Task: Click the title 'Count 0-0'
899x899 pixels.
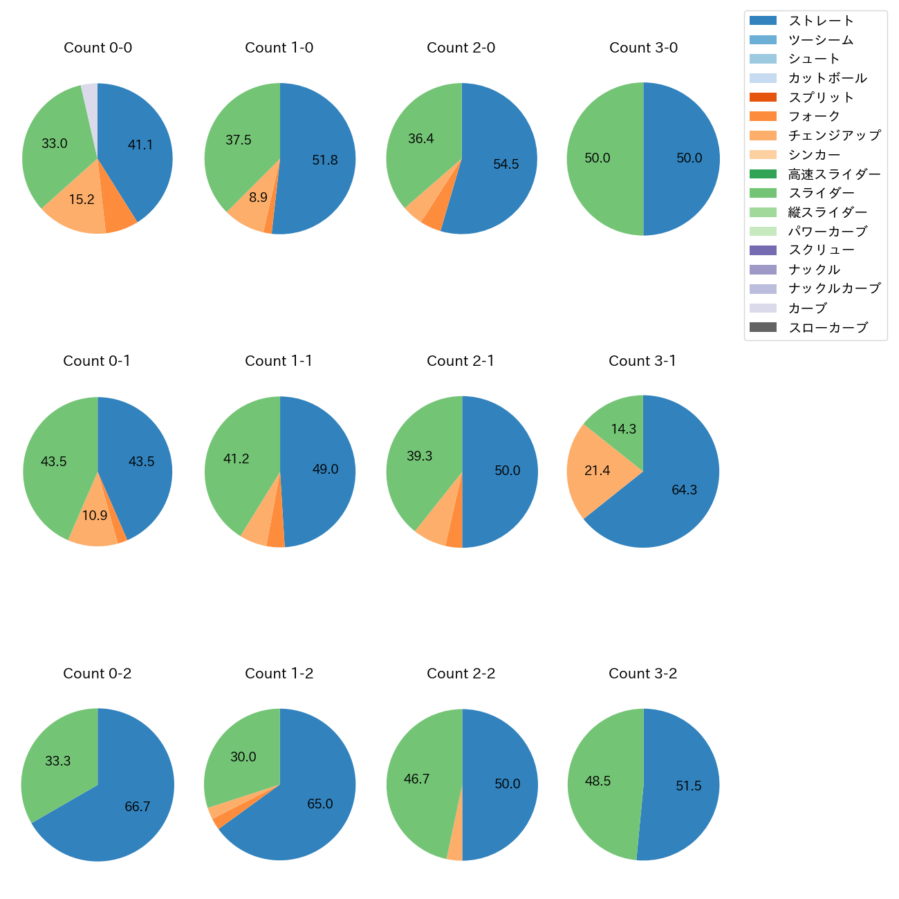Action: (x=98, y=48)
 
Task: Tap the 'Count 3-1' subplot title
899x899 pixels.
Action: (x=642, y=361)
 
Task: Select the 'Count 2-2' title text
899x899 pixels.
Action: (x=461, y=674)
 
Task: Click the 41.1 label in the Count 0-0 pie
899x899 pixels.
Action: (x=140, y=145)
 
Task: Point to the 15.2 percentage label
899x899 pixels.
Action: (x=82, y=200)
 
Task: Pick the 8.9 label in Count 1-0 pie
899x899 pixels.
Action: (x=258, y=198)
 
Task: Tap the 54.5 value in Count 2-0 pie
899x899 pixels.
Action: (x=506, y=165)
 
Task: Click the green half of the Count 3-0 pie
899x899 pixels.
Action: (x=602, y=158)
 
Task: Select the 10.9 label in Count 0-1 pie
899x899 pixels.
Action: (x=95, y=516)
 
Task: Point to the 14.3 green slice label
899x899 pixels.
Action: (x=623, y=429)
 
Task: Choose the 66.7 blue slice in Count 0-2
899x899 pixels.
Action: (x=138, y=807)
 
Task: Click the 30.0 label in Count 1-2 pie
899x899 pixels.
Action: (x=243, y=757)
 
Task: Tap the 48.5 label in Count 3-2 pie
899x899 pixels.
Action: (x=597, y=781)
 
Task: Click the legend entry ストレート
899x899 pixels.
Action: (x=821, y=21)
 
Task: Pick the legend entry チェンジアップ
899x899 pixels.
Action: (x=834, y=136)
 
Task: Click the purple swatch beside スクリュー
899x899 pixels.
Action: (x=763, y=250)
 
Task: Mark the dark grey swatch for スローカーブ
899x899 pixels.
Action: (x=763, y=327)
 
